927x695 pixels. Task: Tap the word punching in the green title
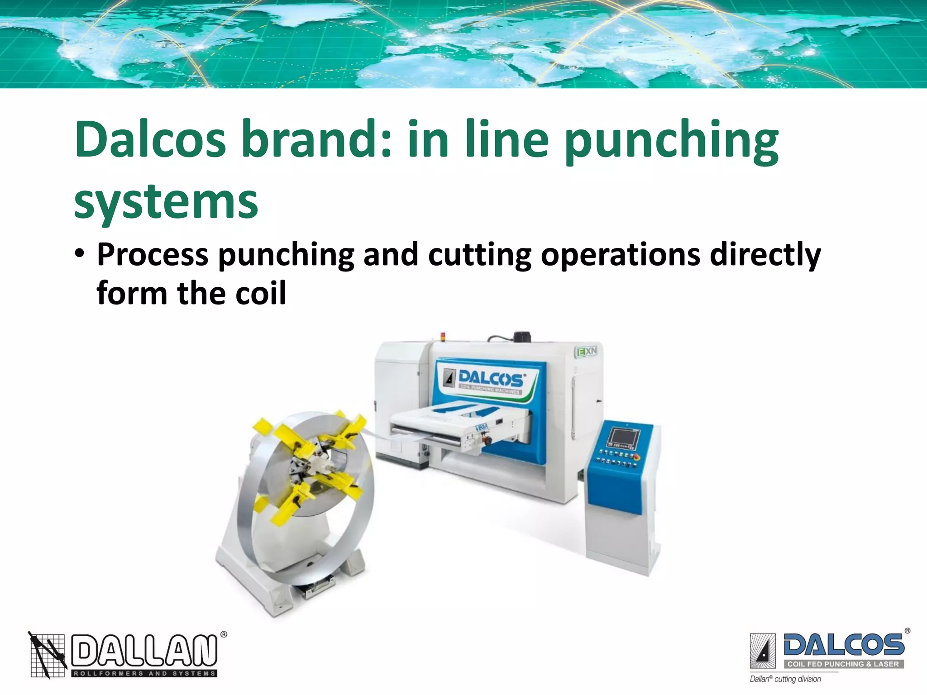(x=672, y=141)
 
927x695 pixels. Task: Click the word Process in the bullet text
(x=153, y=255)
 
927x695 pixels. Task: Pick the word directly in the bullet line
(x=765, y=255)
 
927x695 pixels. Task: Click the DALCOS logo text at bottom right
(x=844, y=644)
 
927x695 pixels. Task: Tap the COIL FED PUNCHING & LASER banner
(x=843, y=664)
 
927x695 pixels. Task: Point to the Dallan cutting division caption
(x=785, y=679)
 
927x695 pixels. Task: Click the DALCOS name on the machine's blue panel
(x=491, y=378)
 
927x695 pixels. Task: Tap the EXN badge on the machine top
(x=587, y=351)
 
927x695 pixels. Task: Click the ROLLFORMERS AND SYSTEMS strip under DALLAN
(x=144, y=674)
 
